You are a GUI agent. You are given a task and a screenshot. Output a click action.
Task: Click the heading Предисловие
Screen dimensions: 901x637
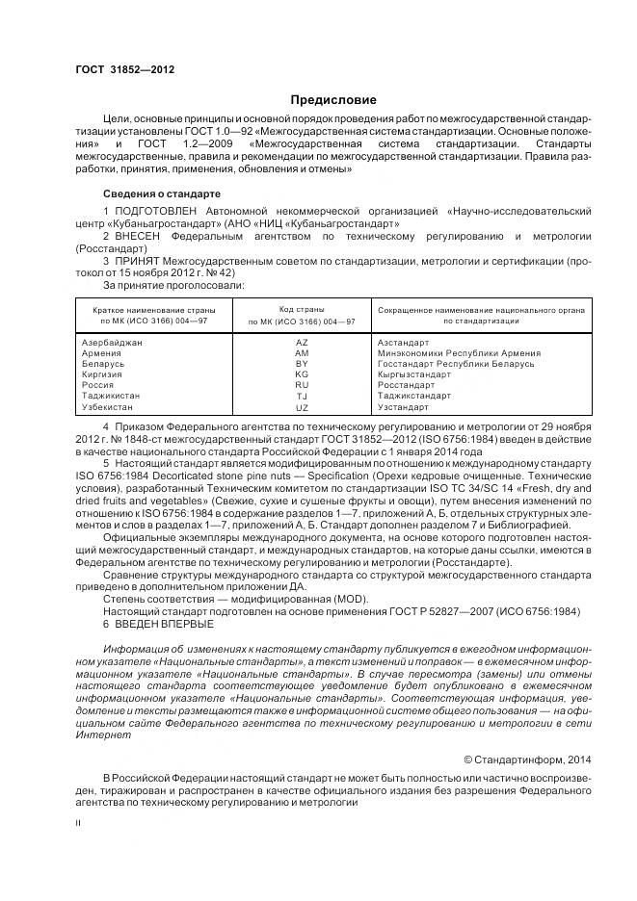pos(333,100)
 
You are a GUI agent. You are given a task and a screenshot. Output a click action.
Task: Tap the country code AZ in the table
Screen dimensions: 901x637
pos(302,342)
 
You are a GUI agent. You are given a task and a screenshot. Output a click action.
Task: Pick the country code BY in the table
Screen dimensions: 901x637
pos(302,363)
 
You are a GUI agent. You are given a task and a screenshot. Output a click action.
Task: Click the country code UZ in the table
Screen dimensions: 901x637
pos(302,407)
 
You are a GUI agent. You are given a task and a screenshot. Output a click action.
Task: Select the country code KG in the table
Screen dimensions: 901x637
pos(302,374)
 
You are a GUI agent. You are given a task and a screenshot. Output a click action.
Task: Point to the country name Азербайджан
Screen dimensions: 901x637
pos(114,342)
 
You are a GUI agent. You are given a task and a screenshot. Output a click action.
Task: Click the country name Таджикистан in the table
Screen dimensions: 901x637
pos(112,396)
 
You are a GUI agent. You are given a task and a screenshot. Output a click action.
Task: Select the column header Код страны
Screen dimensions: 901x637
pos(302,310)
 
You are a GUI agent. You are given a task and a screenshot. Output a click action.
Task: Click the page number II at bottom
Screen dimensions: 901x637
pos(78,823)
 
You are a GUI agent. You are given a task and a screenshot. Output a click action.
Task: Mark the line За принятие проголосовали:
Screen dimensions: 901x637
pos(173,285)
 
